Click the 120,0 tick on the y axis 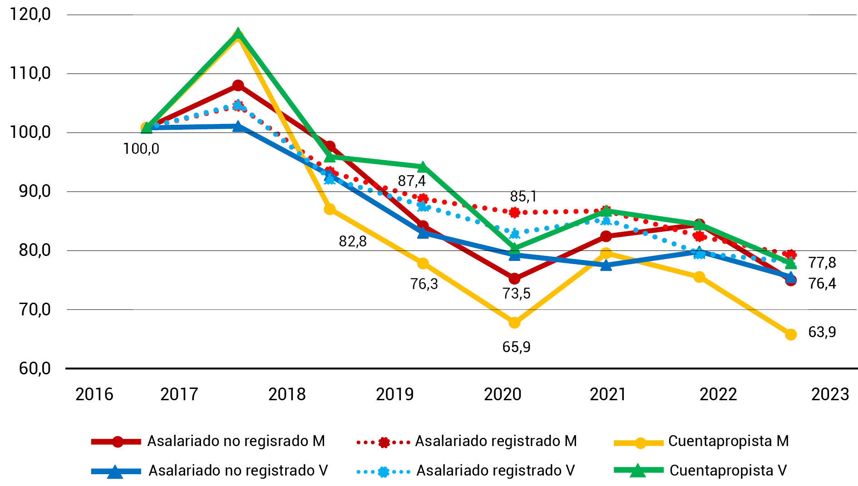[30, 15]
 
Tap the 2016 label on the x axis [94, 394]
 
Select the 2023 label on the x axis [830, 394]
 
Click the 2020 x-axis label [503, 394]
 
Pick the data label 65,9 [516, 347]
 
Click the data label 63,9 [822, 332]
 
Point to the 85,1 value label [523, 196]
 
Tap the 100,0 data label [141, 149]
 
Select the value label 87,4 [412, 181]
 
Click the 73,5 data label [516, 294]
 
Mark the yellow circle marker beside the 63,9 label [791, 334]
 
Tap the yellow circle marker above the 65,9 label [514, 323]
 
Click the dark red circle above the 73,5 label [514, 278]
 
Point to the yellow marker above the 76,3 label [423, 263]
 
